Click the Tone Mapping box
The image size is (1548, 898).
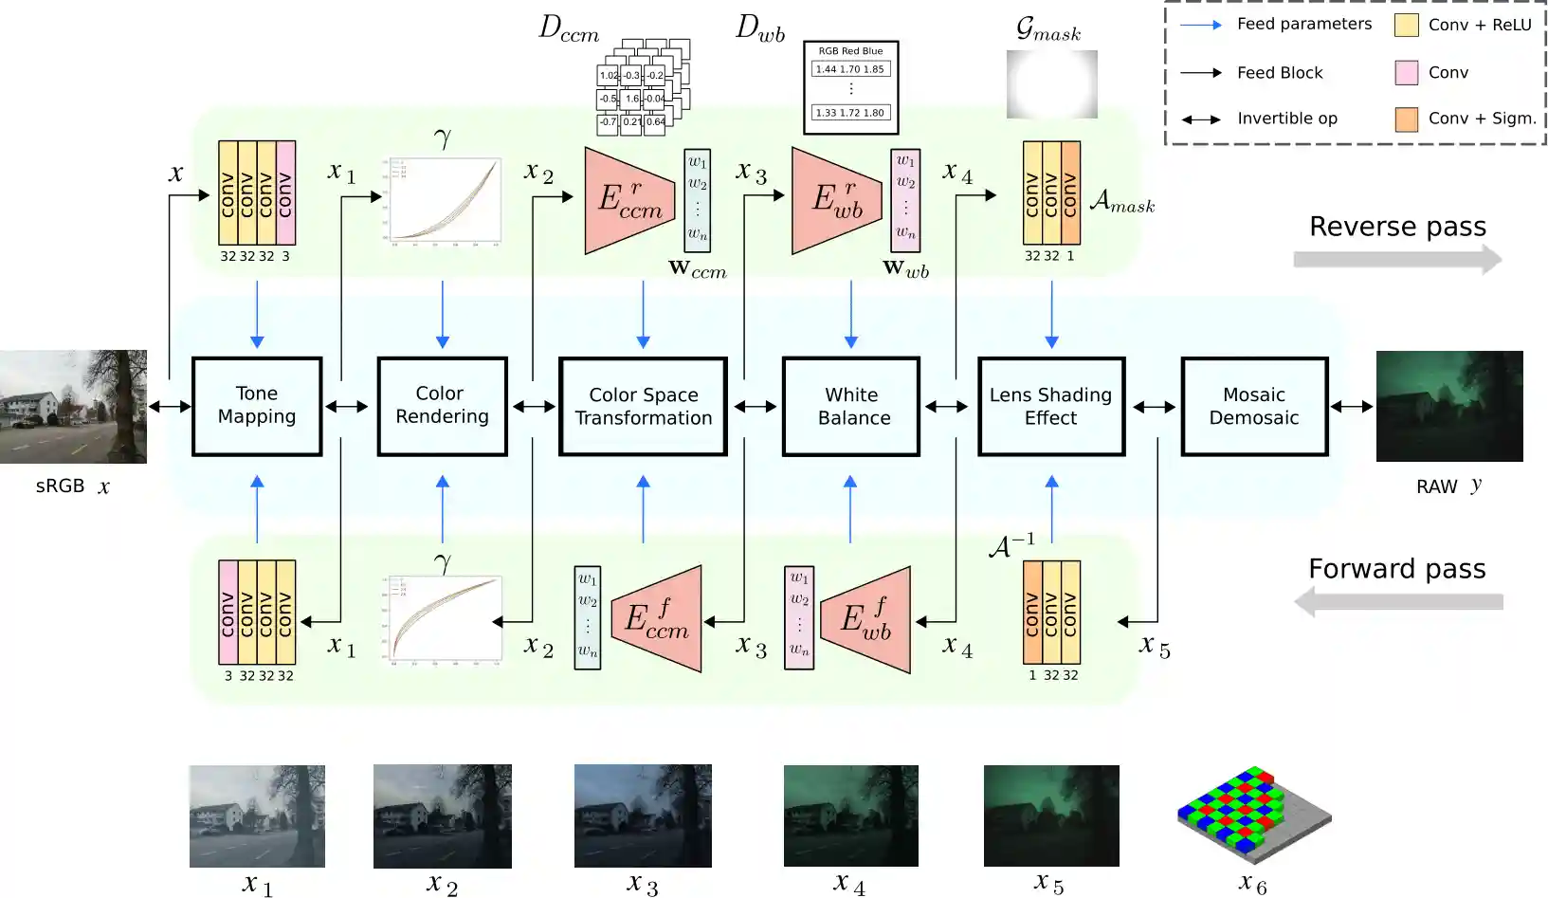coord(257,406)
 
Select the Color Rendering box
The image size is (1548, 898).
coord(442,406)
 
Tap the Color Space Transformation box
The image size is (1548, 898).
coord(643,406)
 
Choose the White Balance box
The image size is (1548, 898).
coord(851,406)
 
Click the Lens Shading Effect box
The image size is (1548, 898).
coord(1051,406)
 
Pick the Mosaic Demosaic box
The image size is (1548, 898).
coord(1254,406)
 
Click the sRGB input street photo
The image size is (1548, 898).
coord(73,406)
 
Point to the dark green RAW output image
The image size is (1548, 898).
coord(1448,406)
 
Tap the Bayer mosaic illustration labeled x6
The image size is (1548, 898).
coord(1253,814)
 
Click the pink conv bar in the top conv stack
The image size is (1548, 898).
coord(285,193)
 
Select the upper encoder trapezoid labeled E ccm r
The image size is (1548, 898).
coord(626,200)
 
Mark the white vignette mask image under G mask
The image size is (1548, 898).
coord(1051,84)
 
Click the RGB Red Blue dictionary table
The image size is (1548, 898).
coord(850,87)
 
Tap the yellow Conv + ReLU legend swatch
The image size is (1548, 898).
coord(1406,26)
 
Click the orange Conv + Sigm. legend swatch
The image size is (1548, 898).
coord(1406,119)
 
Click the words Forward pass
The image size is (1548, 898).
coord(1396,569)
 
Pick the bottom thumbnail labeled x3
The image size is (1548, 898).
coord(643,816)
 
